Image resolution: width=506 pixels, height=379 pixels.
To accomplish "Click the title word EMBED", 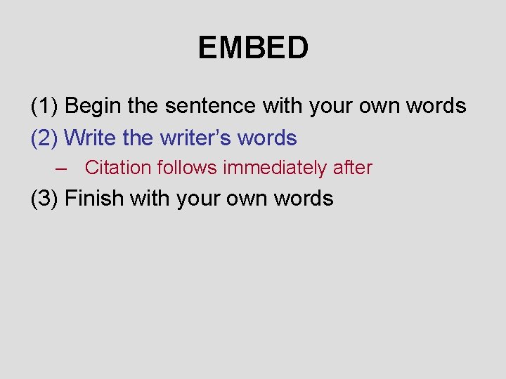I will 253,48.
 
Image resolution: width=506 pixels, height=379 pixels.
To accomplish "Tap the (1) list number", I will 45,106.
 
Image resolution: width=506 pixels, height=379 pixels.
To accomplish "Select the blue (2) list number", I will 45,138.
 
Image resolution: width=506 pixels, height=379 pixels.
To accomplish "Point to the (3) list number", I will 45,199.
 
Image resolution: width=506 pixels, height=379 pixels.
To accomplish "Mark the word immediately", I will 275,168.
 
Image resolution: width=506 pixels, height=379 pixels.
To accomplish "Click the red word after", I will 353,168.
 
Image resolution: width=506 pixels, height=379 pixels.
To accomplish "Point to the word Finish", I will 92,199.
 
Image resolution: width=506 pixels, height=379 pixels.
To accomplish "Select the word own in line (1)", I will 379,106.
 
